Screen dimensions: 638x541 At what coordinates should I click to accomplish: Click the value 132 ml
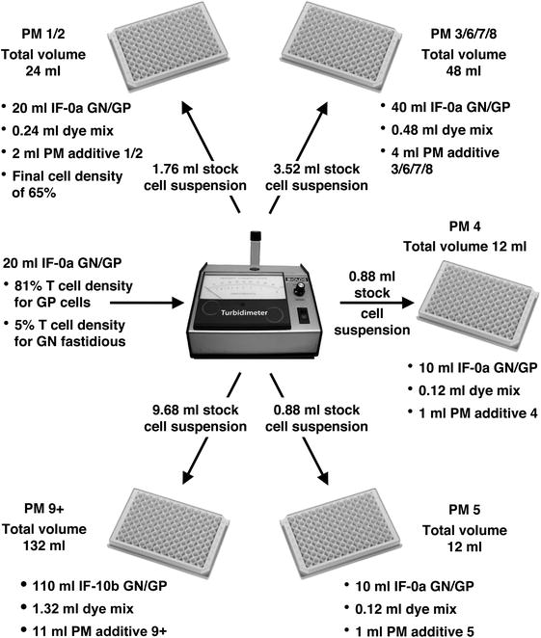[x=51, y=547]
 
